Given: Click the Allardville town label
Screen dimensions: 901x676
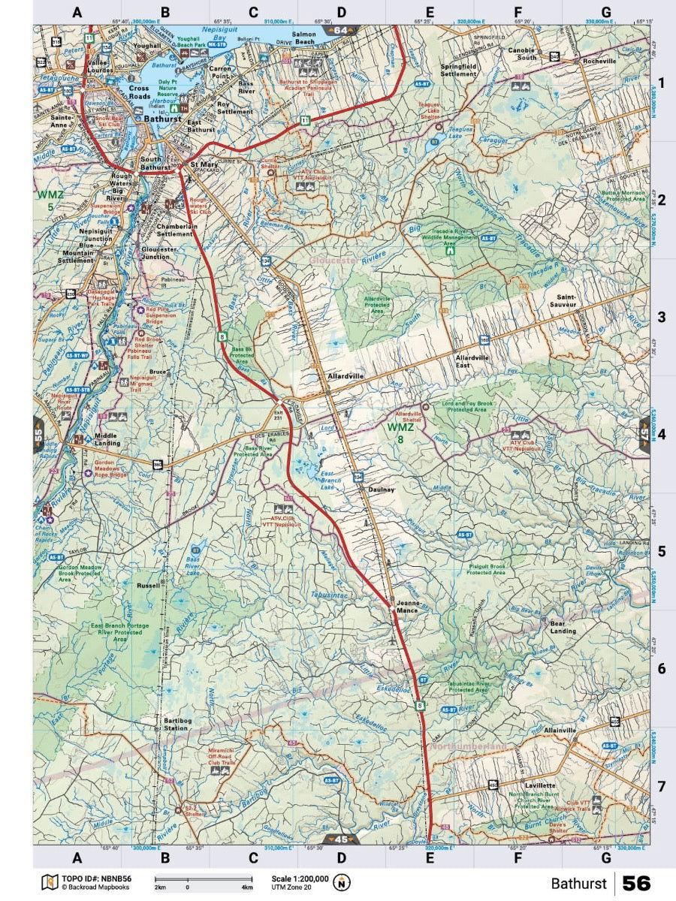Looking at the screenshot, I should (346, 375).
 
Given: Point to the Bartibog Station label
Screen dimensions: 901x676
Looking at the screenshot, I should (176, 725).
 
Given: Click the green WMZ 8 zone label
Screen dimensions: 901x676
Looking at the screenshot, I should (400, 432).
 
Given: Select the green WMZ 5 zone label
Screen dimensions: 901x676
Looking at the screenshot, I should (46, 200).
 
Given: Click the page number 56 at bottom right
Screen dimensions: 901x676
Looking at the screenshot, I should (635, 883).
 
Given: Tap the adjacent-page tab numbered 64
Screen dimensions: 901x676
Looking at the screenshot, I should (341, 31).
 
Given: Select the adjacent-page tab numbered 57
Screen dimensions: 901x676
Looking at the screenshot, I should (644, 433).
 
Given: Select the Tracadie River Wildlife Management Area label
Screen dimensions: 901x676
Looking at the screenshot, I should (449, 237).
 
